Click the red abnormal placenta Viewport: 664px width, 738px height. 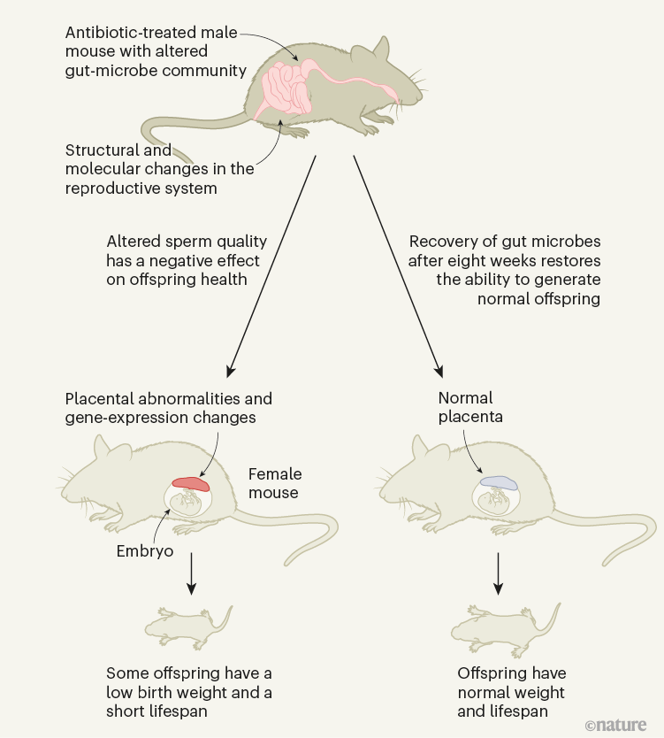pyautogui.click(x=191, y=483)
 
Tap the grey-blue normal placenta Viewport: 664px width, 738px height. pyautogui.click(x=499, y=483)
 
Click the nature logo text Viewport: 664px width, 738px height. pyautogui.click(x=616, y=725)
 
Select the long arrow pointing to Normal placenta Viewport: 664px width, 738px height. pyautogui.click(x=399, y=265)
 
